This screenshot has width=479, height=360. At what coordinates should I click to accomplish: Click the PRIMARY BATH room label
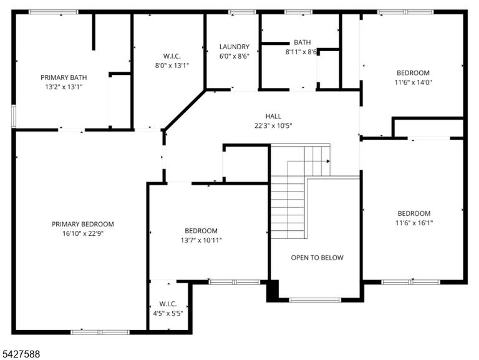click(64, 77)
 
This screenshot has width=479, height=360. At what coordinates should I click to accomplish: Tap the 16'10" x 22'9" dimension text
click(83, 234)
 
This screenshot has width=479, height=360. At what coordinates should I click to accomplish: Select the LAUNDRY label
click(235, 47)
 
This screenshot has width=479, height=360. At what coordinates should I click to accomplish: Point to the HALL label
click(273, 116)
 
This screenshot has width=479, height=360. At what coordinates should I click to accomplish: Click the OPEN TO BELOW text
click(317, 258)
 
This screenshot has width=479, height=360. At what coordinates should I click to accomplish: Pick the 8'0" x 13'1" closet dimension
click(172, 66)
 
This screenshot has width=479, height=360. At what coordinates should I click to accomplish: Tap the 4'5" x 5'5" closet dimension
click(168, 313)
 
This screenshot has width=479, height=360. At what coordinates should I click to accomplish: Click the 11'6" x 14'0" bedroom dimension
click(413, 82)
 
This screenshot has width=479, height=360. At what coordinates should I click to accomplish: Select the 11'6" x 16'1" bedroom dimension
click(414, 223)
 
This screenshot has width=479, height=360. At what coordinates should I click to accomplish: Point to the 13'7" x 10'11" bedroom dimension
click(201, 240)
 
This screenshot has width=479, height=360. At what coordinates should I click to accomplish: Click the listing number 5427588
click(21, 354)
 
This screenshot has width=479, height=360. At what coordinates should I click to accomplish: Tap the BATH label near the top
click(302, 42)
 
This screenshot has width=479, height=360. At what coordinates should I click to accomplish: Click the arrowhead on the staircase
click(328, 162)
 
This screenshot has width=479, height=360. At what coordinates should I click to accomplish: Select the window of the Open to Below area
click(314, 300)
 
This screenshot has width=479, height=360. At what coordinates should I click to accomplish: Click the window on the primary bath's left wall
click(14, 116)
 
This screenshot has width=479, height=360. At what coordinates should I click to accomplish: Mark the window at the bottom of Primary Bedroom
click(100, 332)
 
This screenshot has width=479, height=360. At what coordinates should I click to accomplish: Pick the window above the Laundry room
click(242, 12)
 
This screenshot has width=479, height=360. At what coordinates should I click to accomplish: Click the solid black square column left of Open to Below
click(273, 291)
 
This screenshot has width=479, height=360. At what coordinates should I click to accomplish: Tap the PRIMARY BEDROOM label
click(83, 225)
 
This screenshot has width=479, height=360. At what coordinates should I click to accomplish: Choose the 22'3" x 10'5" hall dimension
click(273, 125)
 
